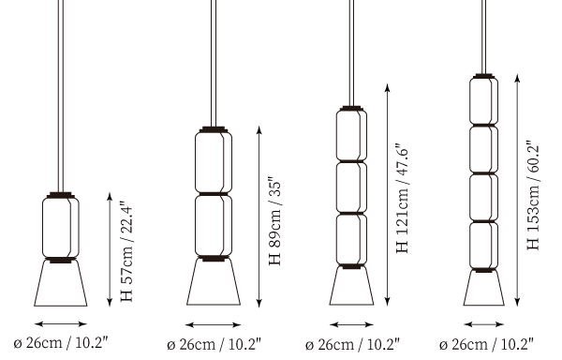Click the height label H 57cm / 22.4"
[x=126, y=251]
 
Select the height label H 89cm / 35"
[x=275, y=220]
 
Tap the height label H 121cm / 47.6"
[x=403, y=199]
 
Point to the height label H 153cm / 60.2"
[x=534, y=195]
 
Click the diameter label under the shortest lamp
[x=61, y=342]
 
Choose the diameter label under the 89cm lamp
[x=214, y=344]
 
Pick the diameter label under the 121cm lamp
[x=352, y=344]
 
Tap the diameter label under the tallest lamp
[x=486, y=344]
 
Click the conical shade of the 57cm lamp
[x=61, y=283]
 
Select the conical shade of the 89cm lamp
[x=214, y=282]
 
